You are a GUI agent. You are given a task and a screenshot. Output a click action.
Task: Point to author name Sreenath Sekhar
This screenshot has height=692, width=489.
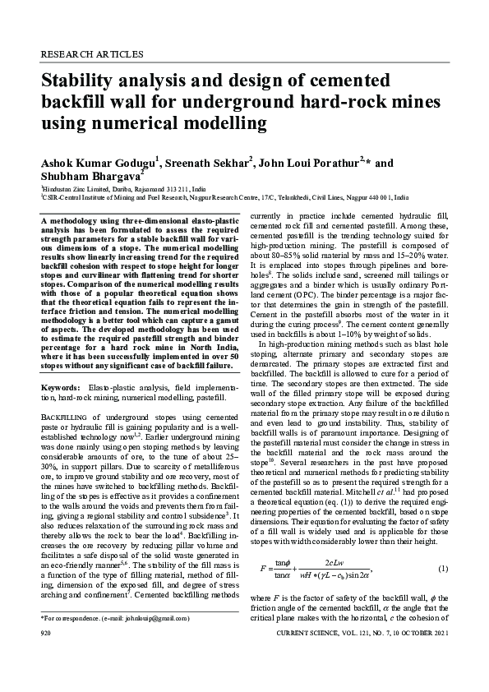[208, 162]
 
